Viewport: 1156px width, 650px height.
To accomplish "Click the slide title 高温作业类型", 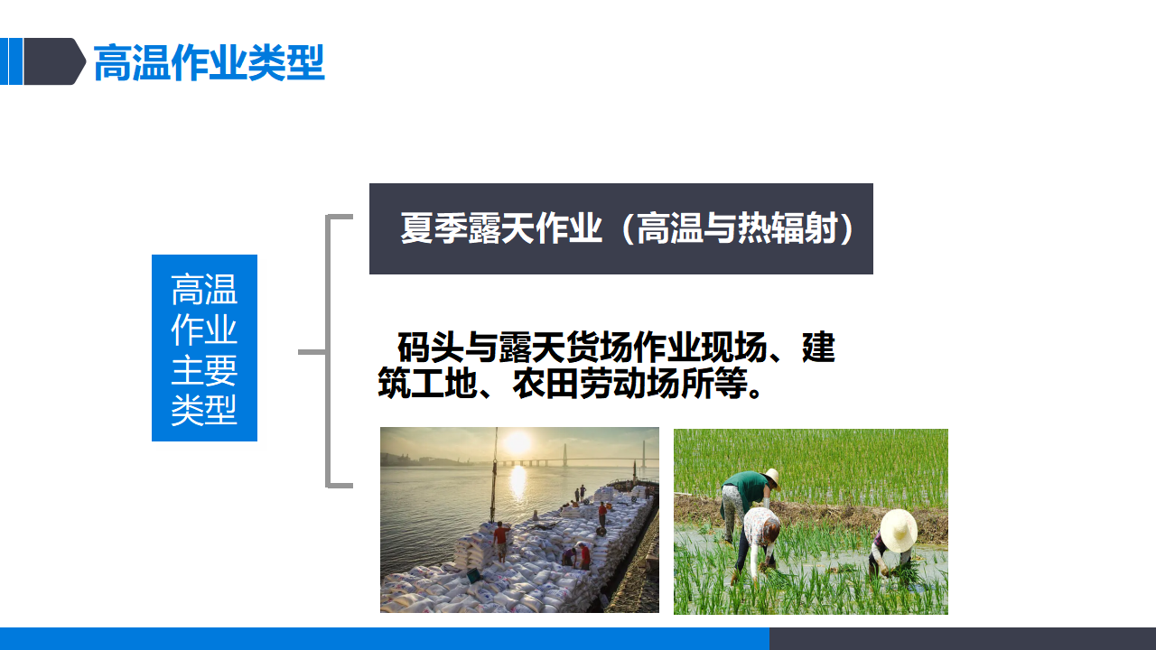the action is (209, 62).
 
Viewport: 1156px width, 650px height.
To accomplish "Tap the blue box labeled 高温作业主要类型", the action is (204, 348).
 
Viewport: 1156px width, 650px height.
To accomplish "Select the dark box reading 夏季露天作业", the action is (621, 228).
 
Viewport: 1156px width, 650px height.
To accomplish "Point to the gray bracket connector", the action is (327, 351).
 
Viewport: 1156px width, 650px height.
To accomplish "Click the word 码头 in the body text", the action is (430, 348).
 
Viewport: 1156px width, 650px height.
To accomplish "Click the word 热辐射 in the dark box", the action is (787, 228).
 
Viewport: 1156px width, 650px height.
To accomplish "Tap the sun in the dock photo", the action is (517, 442).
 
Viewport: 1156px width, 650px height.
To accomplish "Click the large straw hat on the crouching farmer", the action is (898, 531).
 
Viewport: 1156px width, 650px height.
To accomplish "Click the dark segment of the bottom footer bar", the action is (963, 638).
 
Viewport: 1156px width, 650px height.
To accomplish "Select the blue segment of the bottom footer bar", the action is (385, 638).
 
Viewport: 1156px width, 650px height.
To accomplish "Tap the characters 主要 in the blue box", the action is (204, 370).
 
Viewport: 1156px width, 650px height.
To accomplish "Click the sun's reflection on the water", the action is (517, 482).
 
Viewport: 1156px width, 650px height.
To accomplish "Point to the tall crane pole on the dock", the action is (494, 475).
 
